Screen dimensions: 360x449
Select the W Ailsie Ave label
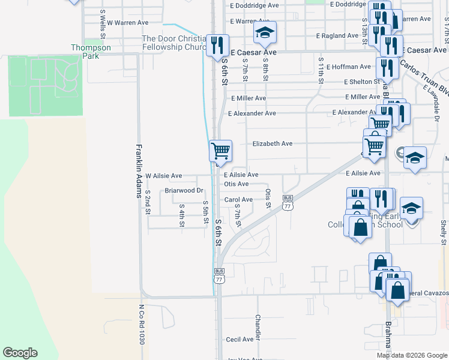click(163, 176)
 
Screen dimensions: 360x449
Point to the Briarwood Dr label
click(185, 191)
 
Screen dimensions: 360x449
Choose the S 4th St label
click(181, 215)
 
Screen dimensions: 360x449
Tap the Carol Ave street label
click(238, 200)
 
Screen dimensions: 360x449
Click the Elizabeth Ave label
click(272, 144)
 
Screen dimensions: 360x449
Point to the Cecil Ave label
click(240, 339)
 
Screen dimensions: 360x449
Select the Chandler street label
click(258, 327)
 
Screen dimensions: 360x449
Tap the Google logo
click(20, 353)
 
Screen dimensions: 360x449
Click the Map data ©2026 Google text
click(412, 355)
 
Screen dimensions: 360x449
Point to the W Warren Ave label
click(127, 23)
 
